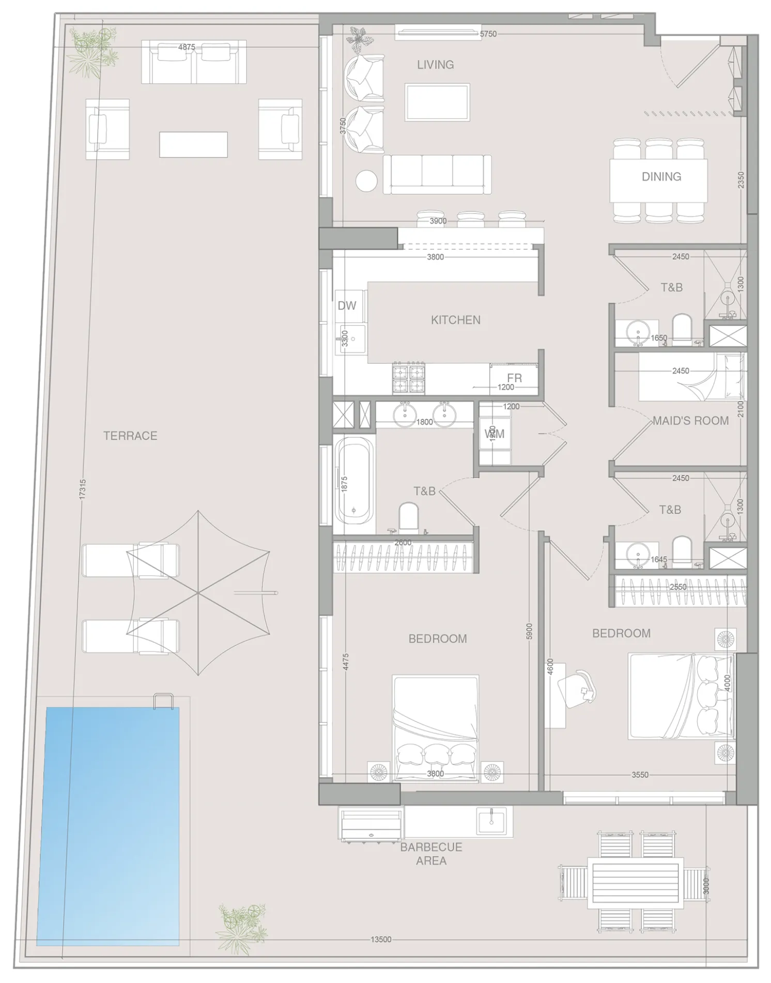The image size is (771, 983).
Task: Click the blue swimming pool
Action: pos(113,825)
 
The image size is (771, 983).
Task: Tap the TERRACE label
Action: pos(130,436)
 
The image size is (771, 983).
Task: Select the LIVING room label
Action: pos(435,65)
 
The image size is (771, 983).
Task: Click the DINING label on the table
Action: pos(661,176)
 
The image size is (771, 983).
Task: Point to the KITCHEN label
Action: pos(455,320)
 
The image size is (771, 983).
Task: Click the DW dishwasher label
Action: pos(347,305)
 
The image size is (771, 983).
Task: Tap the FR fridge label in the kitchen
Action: pos(514,378)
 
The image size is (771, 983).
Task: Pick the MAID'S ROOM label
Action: pos(690,421)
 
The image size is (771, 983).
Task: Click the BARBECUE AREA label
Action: pos(431,854)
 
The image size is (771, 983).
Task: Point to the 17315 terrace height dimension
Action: pos(83,489)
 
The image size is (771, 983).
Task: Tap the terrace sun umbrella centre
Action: pos(198,593)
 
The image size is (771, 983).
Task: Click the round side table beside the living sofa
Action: pos(366,180)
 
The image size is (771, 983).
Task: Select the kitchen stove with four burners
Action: pos(408,378)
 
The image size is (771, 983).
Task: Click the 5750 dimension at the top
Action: pos(488,34)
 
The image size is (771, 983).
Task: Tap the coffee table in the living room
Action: pos(437,102)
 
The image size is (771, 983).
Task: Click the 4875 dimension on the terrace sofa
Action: pos(187,47)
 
